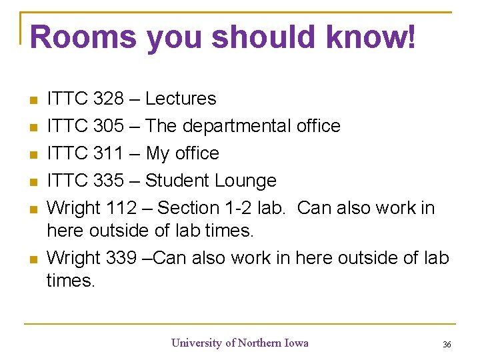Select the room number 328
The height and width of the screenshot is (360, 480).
click(x=108, y=99)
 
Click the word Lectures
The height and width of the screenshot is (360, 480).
click(x=181, y=99)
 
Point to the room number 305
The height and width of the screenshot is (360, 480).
click(x=108, y=126)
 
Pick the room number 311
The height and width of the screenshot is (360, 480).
click(x=108, y=153)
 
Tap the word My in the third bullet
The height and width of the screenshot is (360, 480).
click(x=158, y=154)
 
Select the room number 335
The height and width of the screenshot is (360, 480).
click(x=108, y=181)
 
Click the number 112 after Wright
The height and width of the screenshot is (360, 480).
click(x=121, y=208)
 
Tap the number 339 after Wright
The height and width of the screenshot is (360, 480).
click(x=121, y=257)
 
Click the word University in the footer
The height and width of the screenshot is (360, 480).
click(x=197, y=343)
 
